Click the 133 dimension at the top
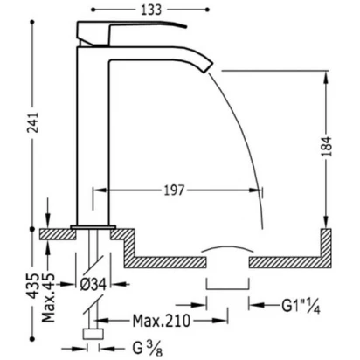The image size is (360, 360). point(151,10)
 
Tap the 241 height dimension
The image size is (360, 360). point(33,122)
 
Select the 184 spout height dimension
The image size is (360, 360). point(326,146)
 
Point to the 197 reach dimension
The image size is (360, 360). point(174,190)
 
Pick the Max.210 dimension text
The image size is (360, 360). point(161,321)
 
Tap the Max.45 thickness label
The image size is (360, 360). point(48,298)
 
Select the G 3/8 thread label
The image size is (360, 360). point(148,348)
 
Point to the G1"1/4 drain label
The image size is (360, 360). point(301,307)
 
